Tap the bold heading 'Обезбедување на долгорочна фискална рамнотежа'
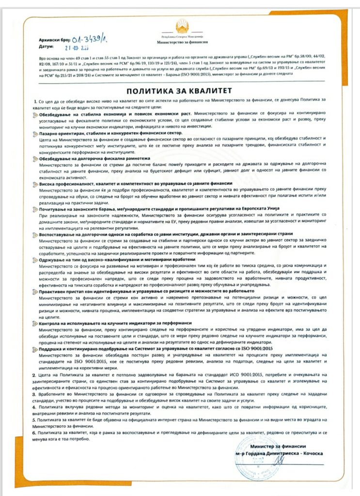pyautogui.click(x=94, y=158)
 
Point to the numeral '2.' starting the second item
pyautogui.click(x=33, y=375)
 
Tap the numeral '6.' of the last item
pyautogui.click(x=33, y=431)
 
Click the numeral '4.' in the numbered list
pyautogui.click(x=33, y=408)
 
